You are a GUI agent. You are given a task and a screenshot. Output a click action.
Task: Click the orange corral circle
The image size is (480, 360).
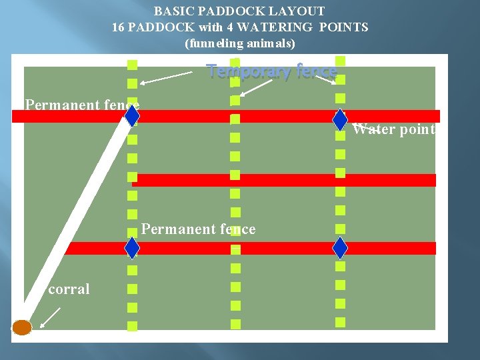pos(22,327)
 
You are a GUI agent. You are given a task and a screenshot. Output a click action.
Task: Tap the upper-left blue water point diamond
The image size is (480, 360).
pos(132,116)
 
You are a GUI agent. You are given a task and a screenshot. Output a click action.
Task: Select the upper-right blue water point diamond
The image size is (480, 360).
pos(340,119)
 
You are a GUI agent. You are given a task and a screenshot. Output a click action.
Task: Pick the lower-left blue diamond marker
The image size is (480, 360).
pos(132,248)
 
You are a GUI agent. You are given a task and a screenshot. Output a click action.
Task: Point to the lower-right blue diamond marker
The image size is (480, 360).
pos(340,248)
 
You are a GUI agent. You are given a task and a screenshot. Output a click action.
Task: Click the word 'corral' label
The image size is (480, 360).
pos(69,289)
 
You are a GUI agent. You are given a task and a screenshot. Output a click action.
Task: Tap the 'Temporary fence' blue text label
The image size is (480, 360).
pos(271,71)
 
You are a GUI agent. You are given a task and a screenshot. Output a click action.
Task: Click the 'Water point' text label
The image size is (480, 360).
pos(393,129)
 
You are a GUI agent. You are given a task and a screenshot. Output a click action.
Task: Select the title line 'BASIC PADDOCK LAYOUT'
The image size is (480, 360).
pos(239,11)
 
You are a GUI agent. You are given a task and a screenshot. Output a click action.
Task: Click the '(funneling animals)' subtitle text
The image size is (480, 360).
pos(239,43)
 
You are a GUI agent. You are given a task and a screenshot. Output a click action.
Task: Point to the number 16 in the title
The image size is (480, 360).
pos(119,27)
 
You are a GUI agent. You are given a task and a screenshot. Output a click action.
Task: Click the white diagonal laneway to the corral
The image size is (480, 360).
pos(73,220)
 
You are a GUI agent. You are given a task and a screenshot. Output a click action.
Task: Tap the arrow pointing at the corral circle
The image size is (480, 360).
pos(50,317)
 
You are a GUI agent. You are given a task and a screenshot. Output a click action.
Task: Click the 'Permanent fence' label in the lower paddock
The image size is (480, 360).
pos(198,229)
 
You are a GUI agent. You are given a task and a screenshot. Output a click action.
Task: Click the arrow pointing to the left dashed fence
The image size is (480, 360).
pos(167,78)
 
